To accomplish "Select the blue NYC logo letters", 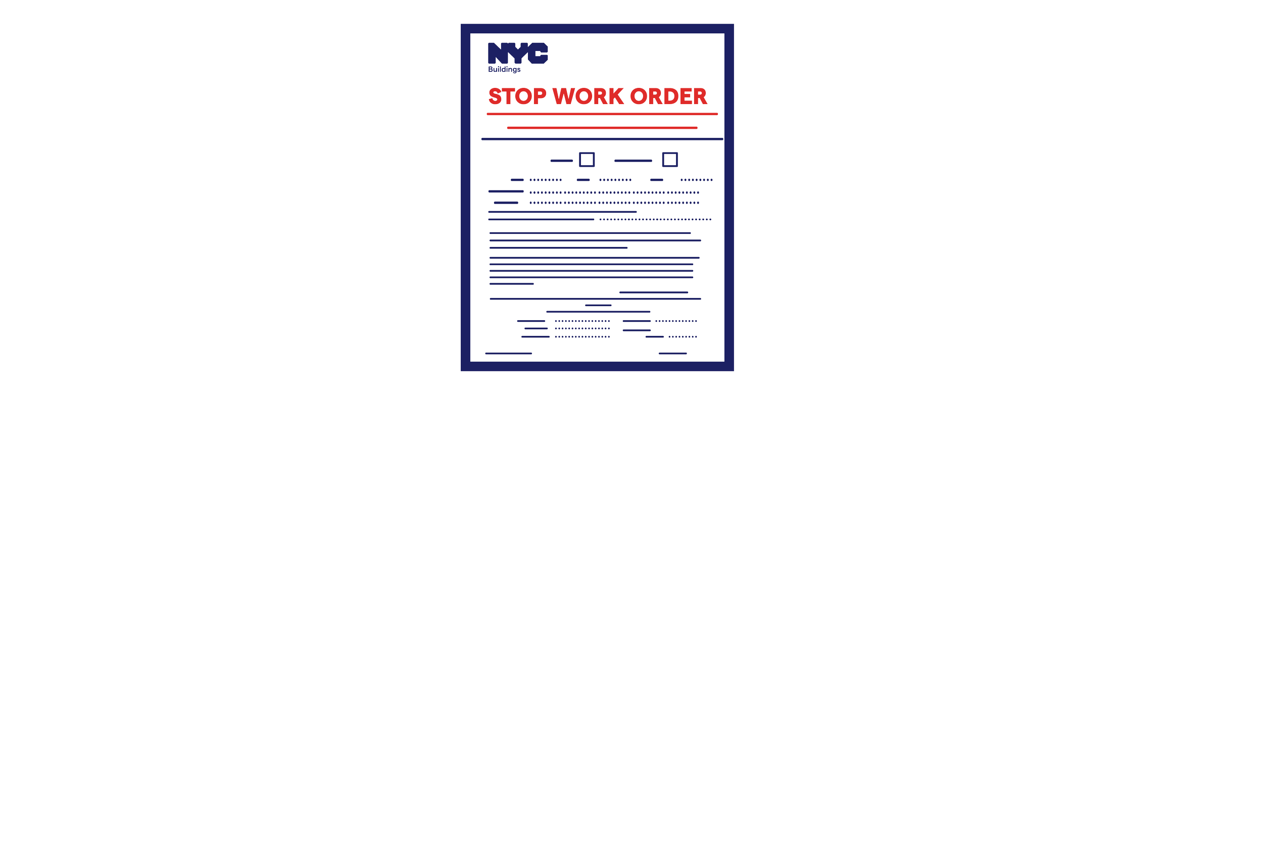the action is pyautogui.click(x=518, y=54).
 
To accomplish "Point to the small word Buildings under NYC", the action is pyautogui.click(x=504, y=70).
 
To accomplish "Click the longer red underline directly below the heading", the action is pyautogui.click(x=602, y=114).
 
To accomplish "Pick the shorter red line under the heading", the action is pyautogui.click(x=602, y=128).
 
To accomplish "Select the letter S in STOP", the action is pyautogui.click(x=495, y=96).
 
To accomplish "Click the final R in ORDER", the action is pyautogui.click(x=700, y=96).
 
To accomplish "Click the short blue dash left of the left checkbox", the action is pyautogui.click(x=562, y=161).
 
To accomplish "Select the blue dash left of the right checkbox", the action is pyautogui.click(x=633, y=161).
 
